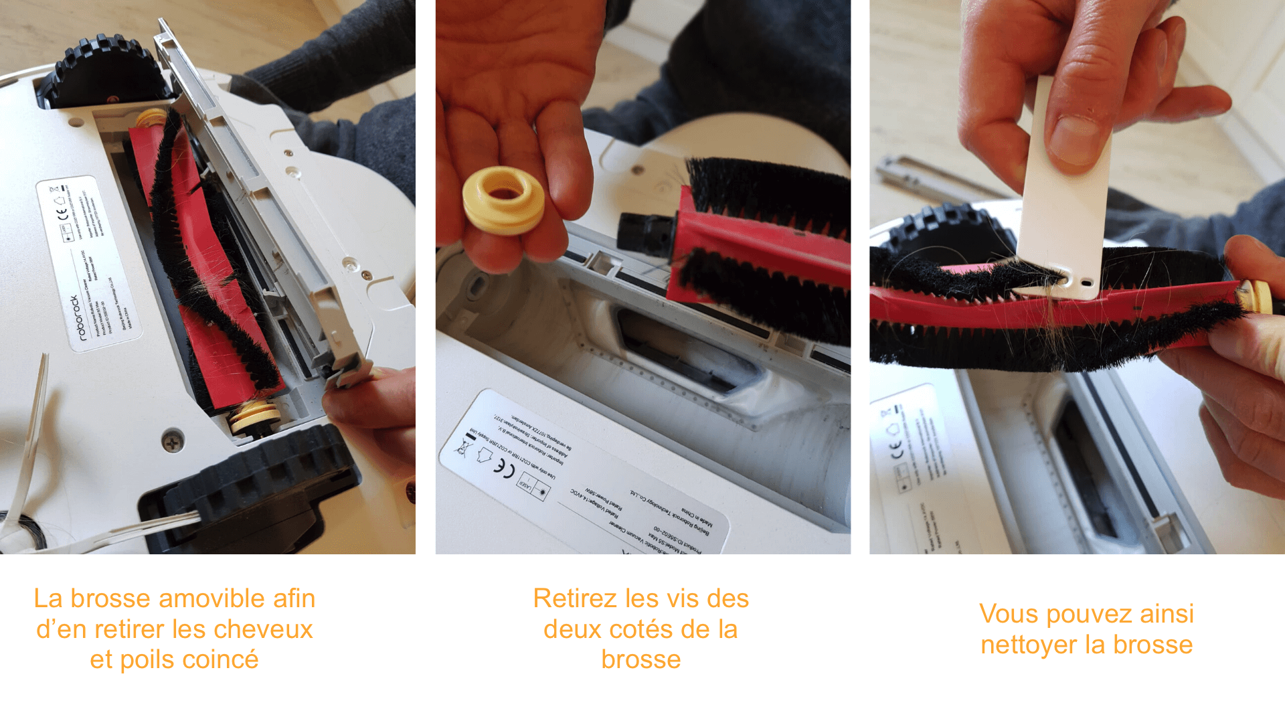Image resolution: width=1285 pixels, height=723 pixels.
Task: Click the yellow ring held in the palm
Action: [x=504, y=201]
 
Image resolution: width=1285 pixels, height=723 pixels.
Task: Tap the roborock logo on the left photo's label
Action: [x=78, y=317]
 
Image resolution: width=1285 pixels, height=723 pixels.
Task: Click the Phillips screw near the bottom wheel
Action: [x=173, y=442]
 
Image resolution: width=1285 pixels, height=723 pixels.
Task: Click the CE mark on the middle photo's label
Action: [x=504, y=468]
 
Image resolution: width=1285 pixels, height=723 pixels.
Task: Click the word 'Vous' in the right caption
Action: [x=1005, y=614]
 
